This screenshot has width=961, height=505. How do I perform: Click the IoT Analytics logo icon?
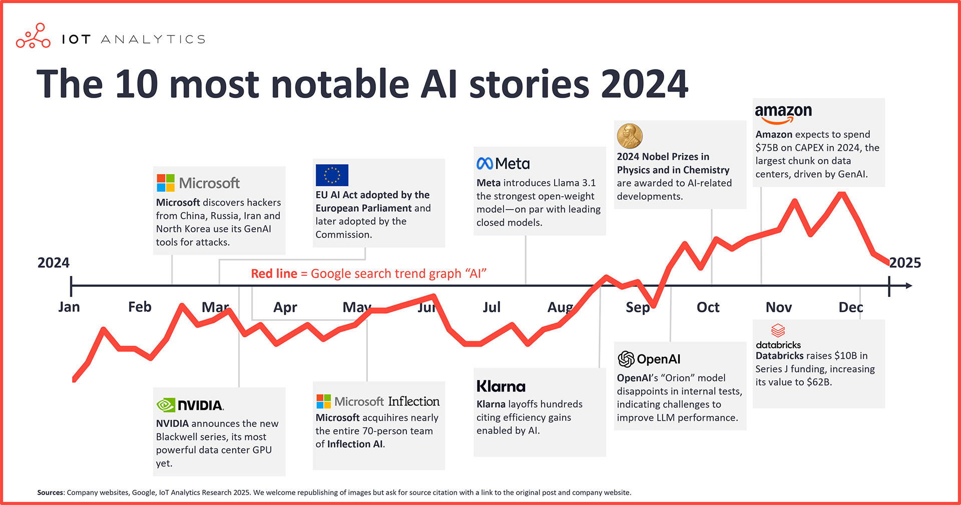(33, 36)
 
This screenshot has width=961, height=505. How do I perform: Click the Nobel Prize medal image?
(629, 136)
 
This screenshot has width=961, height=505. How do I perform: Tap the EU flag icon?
(332, 175)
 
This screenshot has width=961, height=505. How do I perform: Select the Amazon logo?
(783, 113)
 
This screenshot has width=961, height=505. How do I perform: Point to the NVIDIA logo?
(190, 405)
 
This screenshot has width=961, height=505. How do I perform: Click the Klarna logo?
(501, 386)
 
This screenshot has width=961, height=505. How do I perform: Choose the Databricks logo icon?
(778, 331)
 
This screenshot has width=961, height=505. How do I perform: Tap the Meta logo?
(503, 164)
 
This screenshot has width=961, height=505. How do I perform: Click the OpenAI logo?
(649, 359)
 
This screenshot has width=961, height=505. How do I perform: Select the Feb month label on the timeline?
(140, 307)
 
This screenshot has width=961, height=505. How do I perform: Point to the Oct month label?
(708, 307)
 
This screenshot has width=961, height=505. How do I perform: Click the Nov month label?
(778, 307)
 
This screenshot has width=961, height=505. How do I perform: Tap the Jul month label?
(492, 307)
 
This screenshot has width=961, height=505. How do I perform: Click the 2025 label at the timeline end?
(905, 263)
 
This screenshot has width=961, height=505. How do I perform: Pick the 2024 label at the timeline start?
(54, 263)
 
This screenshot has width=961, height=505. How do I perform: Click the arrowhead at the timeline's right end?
(908, 286)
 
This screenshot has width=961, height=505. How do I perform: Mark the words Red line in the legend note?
(274, 274)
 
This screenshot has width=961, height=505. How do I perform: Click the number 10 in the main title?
(137, 84)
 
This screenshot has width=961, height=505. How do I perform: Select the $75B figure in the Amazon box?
(766, 148)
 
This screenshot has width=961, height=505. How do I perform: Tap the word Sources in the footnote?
(50, 492)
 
